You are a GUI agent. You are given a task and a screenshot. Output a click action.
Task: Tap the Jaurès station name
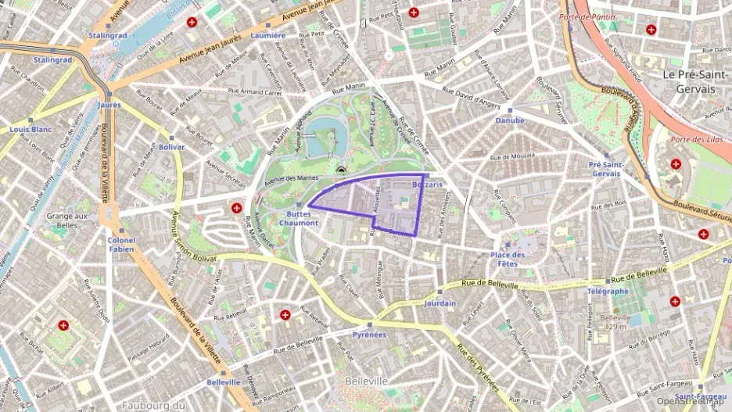tap(109, 104)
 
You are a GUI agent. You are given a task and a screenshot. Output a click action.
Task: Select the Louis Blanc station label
tap(30, 129)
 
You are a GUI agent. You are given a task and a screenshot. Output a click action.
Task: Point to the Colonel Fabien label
tap(121, 245)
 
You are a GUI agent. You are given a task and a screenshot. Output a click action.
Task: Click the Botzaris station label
tap(427, 185)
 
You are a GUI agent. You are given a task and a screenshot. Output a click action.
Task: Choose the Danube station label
tap(510, 121)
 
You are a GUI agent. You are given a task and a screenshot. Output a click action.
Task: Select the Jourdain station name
tap(440, 303)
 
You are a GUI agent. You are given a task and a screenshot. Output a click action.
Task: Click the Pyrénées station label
tap(369, 335)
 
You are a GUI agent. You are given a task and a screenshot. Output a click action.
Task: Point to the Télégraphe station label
tap(608, 292)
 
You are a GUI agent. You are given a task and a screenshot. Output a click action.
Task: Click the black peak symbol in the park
tap(340, 169)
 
